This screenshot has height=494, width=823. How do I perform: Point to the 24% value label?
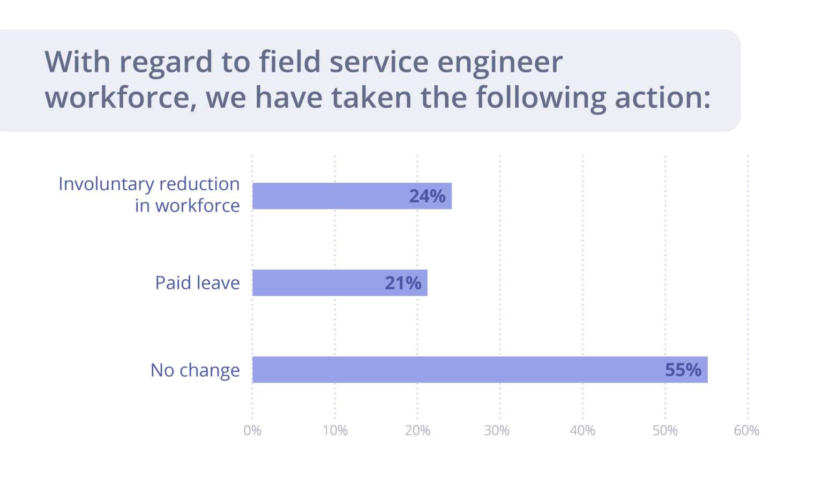pyautogui.click(x=427, y=197)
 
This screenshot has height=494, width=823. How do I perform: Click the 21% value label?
pyautogui.click(x=403, y=283)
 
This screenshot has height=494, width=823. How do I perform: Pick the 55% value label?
pyautogui.click(x=683, y=370)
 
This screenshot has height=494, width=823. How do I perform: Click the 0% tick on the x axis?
pyautogui.click(x=252, y=431)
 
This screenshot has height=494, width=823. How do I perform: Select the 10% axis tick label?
pyautogui.click(x=335, y=431)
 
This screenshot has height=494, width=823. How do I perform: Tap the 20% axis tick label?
pyautogui.click(x=417, y=431)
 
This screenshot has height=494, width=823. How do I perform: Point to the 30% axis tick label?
pyautogui.click(x=497, y=431)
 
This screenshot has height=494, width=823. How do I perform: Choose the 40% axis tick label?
pyautogui.click(x=582, y=431)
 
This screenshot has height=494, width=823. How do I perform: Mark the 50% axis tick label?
pyautogui.click(x=665, y=431)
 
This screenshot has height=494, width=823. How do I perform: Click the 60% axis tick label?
pyautogui.click(x=746, y=431)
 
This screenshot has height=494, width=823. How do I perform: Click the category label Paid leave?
pyautogui.click(x=197, y=283)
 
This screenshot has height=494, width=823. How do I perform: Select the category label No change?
pyautogui.click(x=195, y=370)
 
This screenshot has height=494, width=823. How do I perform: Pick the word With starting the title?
pyautogui.click(x=77, y=62)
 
